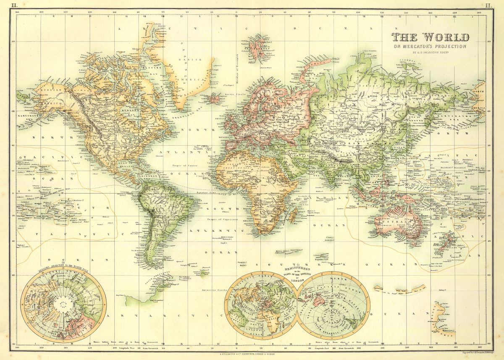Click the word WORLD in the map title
point(446,37)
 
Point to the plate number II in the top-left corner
point(14,5)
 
